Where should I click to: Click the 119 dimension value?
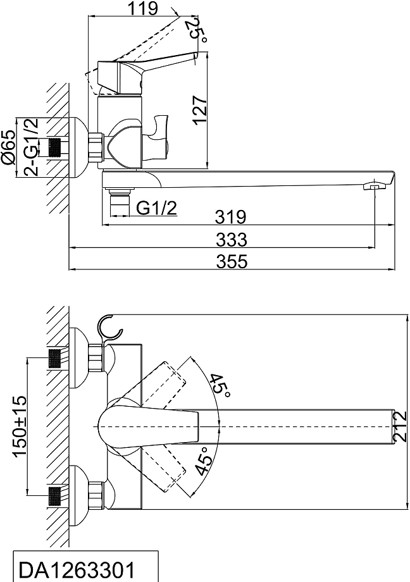tap(142, 8)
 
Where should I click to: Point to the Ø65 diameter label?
tap(9, 148)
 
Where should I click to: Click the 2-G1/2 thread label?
tap(32, 147)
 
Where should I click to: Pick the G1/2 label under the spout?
tap(156, 208)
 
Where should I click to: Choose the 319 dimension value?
tap(230, 217)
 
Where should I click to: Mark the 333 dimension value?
tap(232, 239)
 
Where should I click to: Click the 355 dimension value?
tap(232, 262)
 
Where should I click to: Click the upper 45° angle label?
tap(219, 386)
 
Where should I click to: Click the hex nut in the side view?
tap(96, 147)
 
